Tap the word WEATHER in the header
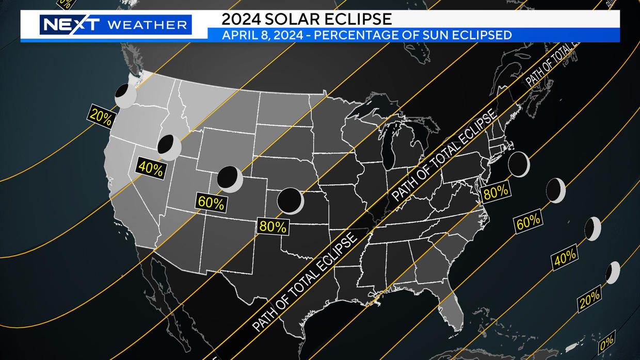point(147,25)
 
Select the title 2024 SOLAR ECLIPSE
point(306,19)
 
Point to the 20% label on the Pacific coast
point(101,116)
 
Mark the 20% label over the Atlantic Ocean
point(589,298)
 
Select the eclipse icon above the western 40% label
point(169,146)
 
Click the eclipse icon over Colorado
point(230,178)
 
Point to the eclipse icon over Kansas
point(290,201)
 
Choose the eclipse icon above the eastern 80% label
point(519,164)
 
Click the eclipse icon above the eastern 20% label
point(613,272)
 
